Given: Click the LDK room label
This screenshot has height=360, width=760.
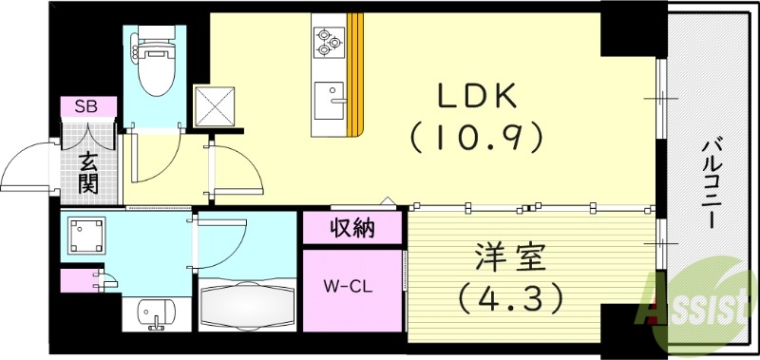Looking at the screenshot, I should [x=477, y=97].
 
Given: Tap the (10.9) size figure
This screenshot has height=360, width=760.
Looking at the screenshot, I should [x=476, y=137].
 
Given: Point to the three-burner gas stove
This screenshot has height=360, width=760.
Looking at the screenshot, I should [x=328, y=41].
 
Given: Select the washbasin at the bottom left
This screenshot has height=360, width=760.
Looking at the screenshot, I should [x=151, y=311].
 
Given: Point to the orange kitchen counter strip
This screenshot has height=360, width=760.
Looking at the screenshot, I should [x=355, y=71].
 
